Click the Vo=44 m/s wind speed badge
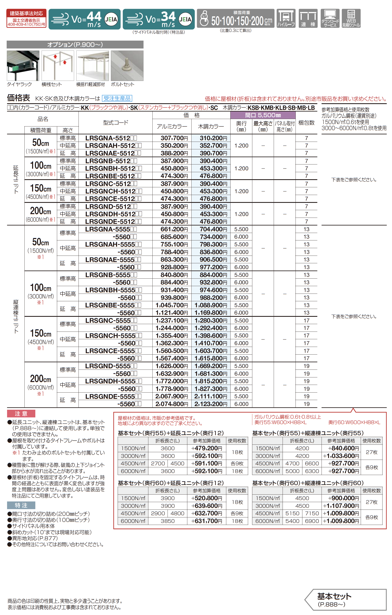click(84, 19)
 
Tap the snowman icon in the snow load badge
click(204, 19)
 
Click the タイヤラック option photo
click(23, 66)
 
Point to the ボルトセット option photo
click(127, 66)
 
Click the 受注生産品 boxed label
click(117, 98)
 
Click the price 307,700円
click(174, 138)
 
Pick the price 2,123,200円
click(211, 404)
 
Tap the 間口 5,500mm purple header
click(263, 115)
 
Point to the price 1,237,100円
click(172, 320)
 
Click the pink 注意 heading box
click(21, 414)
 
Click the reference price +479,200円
click(206, 448)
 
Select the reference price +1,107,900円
click(341, 506)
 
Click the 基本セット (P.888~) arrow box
click(346, 600)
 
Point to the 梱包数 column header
click(306, 123)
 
